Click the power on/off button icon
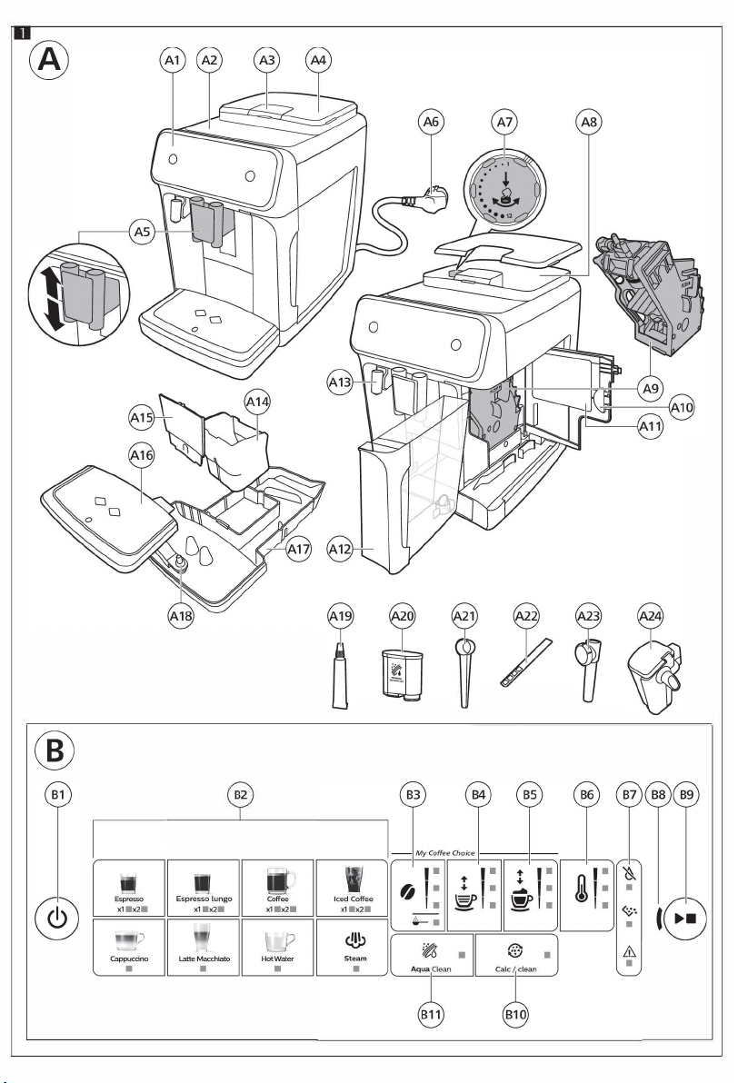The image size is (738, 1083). [x=57, y=918]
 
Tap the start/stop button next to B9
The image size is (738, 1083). [x=684, y=919]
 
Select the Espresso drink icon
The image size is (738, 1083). [x=128, y=883]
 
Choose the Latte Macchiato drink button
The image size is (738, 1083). [x=204, y=946]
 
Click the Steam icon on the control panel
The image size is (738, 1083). [x=355, y=940]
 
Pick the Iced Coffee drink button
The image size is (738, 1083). [x=353, y=888]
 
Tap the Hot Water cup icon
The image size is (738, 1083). [x=279, y=941]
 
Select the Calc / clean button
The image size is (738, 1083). [x=516, y=955]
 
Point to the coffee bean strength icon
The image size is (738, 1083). [x=408, y=891]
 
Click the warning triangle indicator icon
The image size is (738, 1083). [x=629, y=952]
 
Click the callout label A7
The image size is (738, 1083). [x=505, y=123]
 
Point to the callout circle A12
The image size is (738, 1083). [x=341, y=549]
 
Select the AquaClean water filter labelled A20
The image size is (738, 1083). [x=402, y=674]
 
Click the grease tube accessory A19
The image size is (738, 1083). [x=341, y=675]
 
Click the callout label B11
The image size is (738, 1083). [x=431, y=1015]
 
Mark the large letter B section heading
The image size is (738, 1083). [x=55, y=750]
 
